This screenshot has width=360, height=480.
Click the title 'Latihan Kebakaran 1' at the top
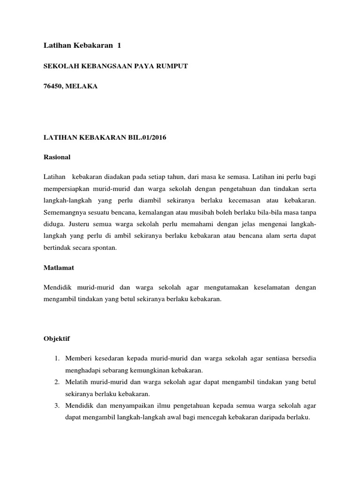82,45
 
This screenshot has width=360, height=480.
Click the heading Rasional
57,157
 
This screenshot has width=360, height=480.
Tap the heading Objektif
57,338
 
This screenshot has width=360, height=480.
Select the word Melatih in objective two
78,382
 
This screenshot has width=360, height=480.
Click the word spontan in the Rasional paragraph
102,248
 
